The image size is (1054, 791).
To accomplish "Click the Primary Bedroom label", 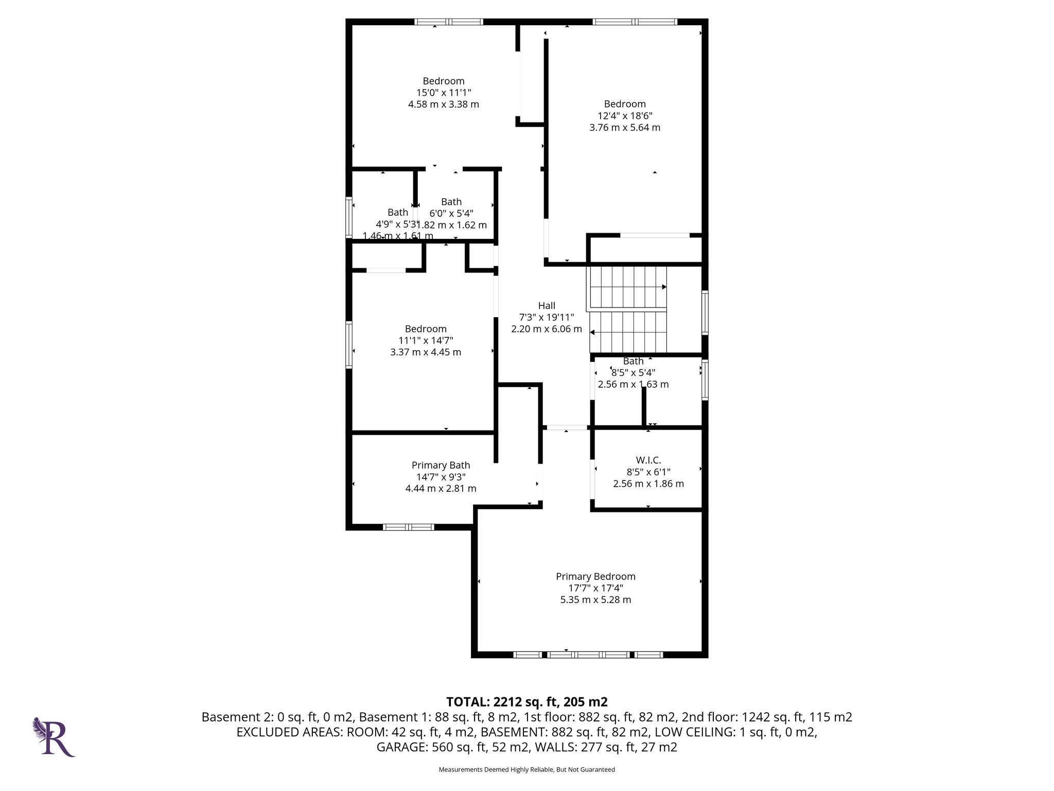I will coord(595,576).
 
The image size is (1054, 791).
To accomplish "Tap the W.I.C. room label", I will coord(648,460).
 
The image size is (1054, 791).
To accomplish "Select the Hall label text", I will coord(547,305).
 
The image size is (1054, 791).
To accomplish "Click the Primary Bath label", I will coord(441,465).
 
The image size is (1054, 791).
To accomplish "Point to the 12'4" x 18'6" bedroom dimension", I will coord(625,116).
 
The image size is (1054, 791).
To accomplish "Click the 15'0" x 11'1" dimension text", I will coord(444,93).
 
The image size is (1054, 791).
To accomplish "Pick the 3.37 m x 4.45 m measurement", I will coord(426,352).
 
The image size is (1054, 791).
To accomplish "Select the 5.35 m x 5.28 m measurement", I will coord(595,599).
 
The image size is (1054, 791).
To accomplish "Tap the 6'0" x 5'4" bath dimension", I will coord(451,213).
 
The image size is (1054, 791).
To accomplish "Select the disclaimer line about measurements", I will coord(526,769).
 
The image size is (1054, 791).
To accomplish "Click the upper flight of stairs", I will coord(627,286).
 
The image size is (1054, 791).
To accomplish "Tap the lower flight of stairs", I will coord(628,332).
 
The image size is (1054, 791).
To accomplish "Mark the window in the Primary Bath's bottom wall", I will coord(408,527).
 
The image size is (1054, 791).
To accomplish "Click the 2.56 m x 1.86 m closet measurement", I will coord(648,484).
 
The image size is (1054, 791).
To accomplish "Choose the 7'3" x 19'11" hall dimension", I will coord(547,317).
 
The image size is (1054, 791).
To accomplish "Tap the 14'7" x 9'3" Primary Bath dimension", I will coord(441,477).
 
